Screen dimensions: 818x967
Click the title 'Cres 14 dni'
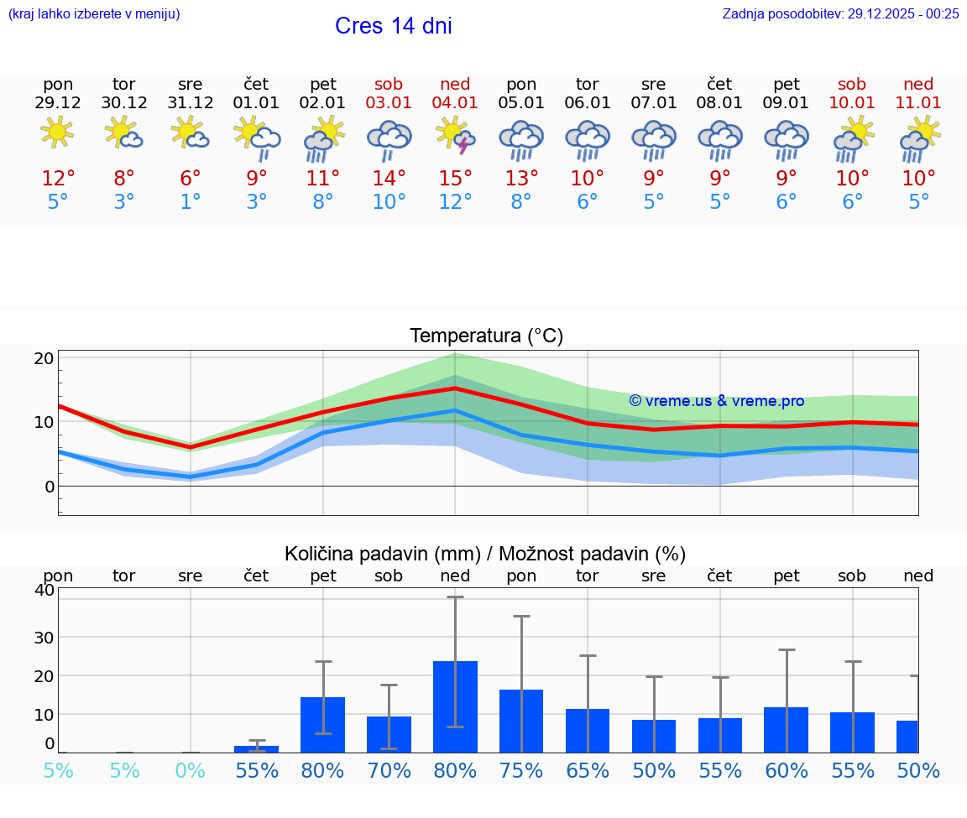click(393, 26)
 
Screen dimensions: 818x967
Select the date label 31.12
click(191, 102)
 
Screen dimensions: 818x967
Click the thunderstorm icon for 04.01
click(455, 135)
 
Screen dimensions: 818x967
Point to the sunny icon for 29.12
click(58, 133)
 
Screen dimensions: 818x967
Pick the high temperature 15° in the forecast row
click(455, 178)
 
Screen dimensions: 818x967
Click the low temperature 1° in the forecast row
click(191, 201)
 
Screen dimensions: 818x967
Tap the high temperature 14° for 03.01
click(389, 178)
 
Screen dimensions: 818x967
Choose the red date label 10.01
click(852, 102)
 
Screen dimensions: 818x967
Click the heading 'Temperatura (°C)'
click(486, 336)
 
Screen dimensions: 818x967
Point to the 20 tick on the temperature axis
click(44, 357)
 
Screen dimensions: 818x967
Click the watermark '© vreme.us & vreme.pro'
click(716, 401)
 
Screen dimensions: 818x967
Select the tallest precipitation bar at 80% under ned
click(455, 706)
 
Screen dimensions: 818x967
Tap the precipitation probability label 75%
click(521, 770)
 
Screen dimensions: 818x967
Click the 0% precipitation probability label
click(191, 770)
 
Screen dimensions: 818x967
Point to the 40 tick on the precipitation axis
click(44, 590)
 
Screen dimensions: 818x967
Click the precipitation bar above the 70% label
click(389, 734)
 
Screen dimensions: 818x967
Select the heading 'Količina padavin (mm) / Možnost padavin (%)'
click(485, 554)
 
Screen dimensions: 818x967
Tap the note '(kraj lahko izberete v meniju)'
click(94, 13)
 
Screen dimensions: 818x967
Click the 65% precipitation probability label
click(588, 770)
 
